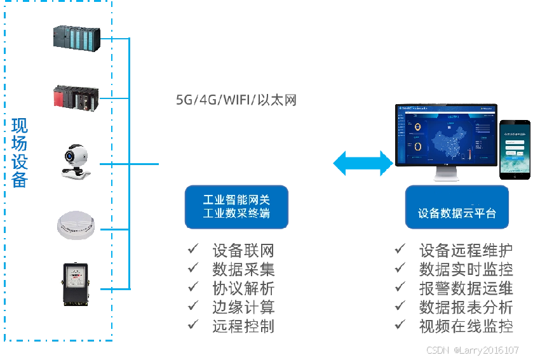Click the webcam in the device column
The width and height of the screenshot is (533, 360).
(76, 161)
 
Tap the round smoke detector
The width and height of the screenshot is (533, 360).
(76, 224)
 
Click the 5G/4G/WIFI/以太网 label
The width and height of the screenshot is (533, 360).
(236, 100)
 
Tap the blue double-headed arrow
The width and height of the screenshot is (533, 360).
(363, 163)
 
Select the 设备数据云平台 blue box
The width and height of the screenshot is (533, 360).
(457, 208)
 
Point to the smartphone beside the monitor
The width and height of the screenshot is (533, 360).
(515, 149)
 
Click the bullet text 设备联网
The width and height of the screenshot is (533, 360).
(243, 250)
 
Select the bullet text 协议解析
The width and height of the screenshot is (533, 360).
(243, 288)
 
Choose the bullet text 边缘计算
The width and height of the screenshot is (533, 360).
(243, 307)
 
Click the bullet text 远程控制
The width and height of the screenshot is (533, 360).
(243, 326)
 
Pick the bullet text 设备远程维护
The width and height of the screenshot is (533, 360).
(466, 250)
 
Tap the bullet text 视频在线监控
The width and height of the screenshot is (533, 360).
(466, 326)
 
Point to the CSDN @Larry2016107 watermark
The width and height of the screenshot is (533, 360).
(473, 350)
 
